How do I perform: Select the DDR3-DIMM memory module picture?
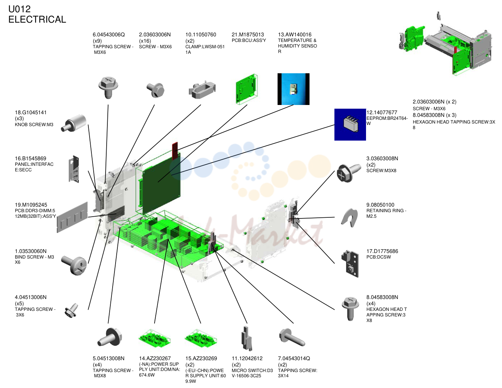(72, 217)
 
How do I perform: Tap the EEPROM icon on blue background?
(350, 125)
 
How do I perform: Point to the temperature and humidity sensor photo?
(294, 89)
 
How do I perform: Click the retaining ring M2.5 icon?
(349, 218)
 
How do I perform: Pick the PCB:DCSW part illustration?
(350, 264)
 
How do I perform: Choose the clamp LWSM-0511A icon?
(202, 91)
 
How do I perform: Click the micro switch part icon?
(247, 338)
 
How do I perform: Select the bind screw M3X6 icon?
(74, 265)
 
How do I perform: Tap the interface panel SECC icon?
(74, 169)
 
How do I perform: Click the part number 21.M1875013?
(247, 34)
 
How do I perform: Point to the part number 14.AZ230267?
(155, 358)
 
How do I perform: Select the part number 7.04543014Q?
(294, 358)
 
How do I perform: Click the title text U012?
(19, 9)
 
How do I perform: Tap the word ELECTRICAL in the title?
(37, 19)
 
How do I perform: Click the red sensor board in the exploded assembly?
(175, 151)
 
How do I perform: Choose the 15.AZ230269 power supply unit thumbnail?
(201, 338)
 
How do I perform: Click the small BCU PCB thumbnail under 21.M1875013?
(246, 89)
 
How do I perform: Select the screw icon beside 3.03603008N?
(349, 172)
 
